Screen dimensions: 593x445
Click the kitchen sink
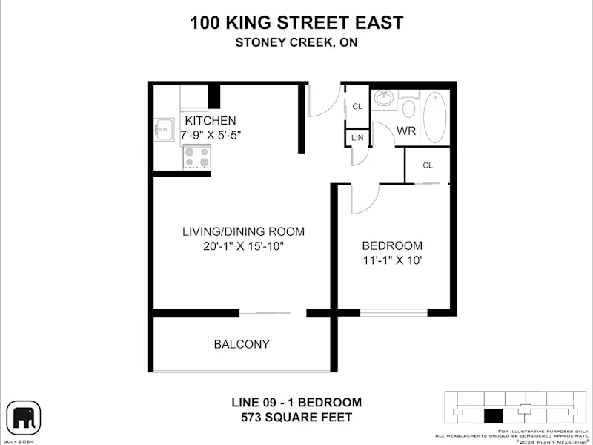pyautogui.click(x=164, y=129)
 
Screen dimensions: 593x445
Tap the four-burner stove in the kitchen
pyautogui.click(x=196, y=157)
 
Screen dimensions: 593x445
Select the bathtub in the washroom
pyautogui.click(x=435, y=117)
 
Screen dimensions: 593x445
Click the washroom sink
pyautogui.click(x=384, y=99)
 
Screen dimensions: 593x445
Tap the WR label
pyautogui.click(x=406, y=131)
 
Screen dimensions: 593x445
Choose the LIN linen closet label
pyautogui.click(x=357, y=138)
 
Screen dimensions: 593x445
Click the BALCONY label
pyautogui.click(x=242, y=344)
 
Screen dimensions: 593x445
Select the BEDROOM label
pyautogui.click(x=392, y=245)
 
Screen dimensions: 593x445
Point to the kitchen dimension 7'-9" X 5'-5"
pyautogui.click(x=211, y=135)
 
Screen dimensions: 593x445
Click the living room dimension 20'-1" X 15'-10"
pyautogui.click(x=244, y=246)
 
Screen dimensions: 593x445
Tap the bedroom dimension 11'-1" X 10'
pyautogui.click(x=392, y=261)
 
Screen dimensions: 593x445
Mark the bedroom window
pyautogui.click(x=394, y=313)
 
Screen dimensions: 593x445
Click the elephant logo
pyautogui.click(x=24, y=418)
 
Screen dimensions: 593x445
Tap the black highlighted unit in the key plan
pyautogui.click(x=493, y=416)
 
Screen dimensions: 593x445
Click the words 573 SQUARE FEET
pyautogui.click(x=297, y=418)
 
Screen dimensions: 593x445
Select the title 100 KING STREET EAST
pyautogui.click(x=296, y=22)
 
